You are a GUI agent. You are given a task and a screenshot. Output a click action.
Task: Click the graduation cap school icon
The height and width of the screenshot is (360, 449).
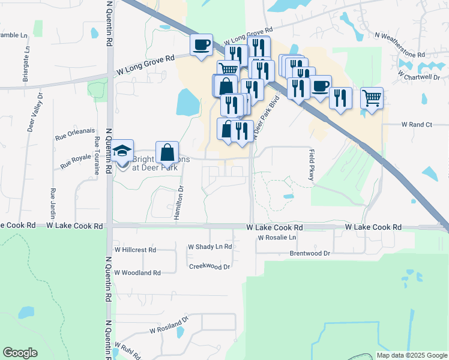(122, 151)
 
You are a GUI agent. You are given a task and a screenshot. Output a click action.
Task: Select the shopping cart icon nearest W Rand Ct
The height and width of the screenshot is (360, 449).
(372, 97)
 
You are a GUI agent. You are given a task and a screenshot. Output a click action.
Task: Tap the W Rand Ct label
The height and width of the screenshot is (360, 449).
(416, 124)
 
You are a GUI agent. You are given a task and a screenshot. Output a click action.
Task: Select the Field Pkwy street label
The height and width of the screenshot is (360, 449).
(312, 164)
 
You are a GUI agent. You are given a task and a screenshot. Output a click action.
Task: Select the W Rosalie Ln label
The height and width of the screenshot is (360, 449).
(277, 238)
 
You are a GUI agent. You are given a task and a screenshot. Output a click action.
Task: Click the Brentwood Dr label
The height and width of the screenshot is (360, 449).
(310, 254)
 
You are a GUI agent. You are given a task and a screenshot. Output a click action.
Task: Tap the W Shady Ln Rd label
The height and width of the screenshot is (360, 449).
(210, 247)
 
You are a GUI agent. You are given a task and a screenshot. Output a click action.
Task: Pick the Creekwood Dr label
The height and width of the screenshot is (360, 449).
(209, 266)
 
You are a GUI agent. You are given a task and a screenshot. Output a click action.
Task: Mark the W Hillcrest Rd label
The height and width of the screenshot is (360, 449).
(135, 249)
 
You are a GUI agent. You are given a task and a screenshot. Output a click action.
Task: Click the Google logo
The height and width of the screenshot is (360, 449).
(20, 353)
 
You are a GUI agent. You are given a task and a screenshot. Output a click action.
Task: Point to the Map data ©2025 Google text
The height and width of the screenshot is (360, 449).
(411, 355)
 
